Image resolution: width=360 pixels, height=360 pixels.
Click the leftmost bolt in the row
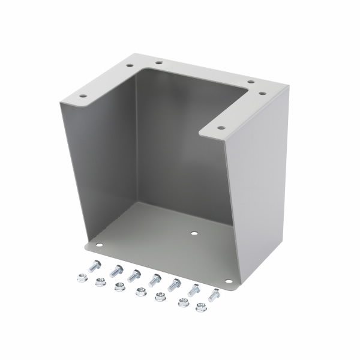pyautogui.click(x=95, y=266)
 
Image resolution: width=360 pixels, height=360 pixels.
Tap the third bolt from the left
pyautogui.click(x=135, y=275)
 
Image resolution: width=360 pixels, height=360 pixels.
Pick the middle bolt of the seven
pyautogui.click(x=155, y=280)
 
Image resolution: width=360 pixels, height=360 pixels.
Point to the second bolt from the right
pyautogui.click(x=194, y=290)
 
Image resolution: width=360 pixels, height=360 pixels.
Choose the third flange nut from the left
pyautogui.click(x=119, y=287)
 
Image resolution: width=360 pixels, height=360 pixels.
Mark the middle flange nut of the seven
pyautogui.click(x=140, y=292)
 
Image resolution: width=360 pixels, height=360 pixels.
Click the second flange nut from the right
pyautogui.click(x=181, y=303)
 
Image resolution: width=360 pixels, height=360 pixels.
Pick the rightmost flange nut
pyautogui.click(x=201, y=308)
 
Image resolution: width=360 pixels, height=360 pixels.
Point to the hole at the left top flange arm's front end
pyautogui.click(x=83, y=95)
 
